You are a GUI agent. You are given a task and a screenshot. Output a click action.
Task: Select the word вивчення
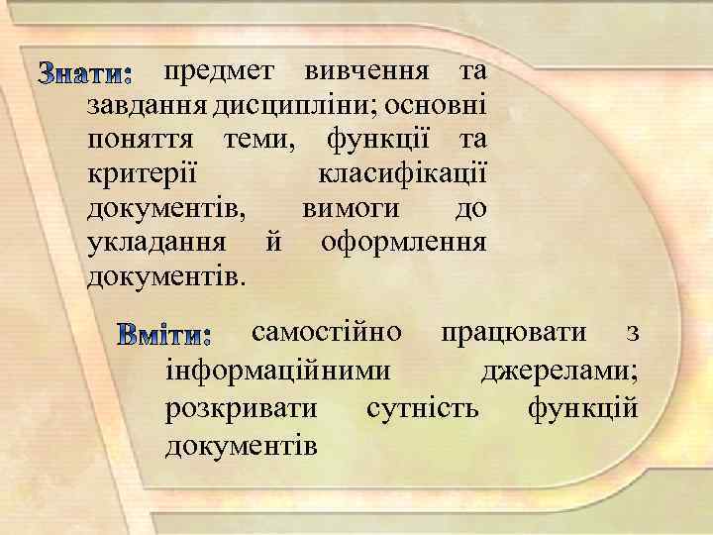click(x=366, y=72)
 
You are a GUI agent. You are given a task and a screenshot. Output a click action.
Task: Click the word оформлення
click(x=403, y=243)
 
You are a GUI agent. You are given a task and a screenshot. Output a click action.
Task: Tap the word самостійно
click(x=328, y=332)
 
